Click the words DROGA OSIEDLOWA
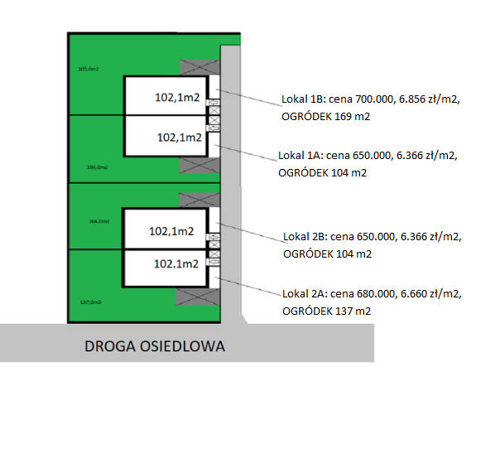click(x=155, y=345)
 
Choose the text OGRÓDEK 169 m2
click(x=325, y=117)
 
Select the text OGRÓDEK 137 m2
click(x=325, y=311)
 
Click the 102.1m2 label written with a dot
click(x=176, y=264)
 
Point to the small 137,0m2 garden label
click(x=89, y=302)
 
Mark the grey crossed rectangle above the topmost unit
click(x=199, y=67)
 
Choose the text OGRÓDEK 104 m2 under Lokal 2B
click(x=327, y=253)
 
